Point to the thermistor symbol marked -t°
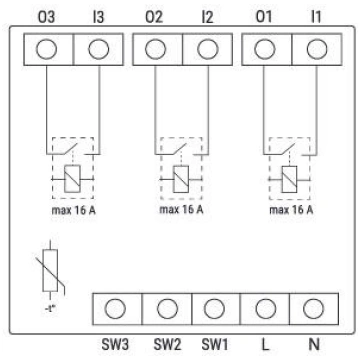click(50, 270)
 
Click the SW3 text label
click(115, 344)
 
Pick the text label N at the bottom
click(314, 344)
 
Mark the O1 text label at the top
click(264, 17)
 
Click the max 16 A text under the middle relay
click(181, 210)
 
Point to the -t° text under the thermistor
click(50, 309)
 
